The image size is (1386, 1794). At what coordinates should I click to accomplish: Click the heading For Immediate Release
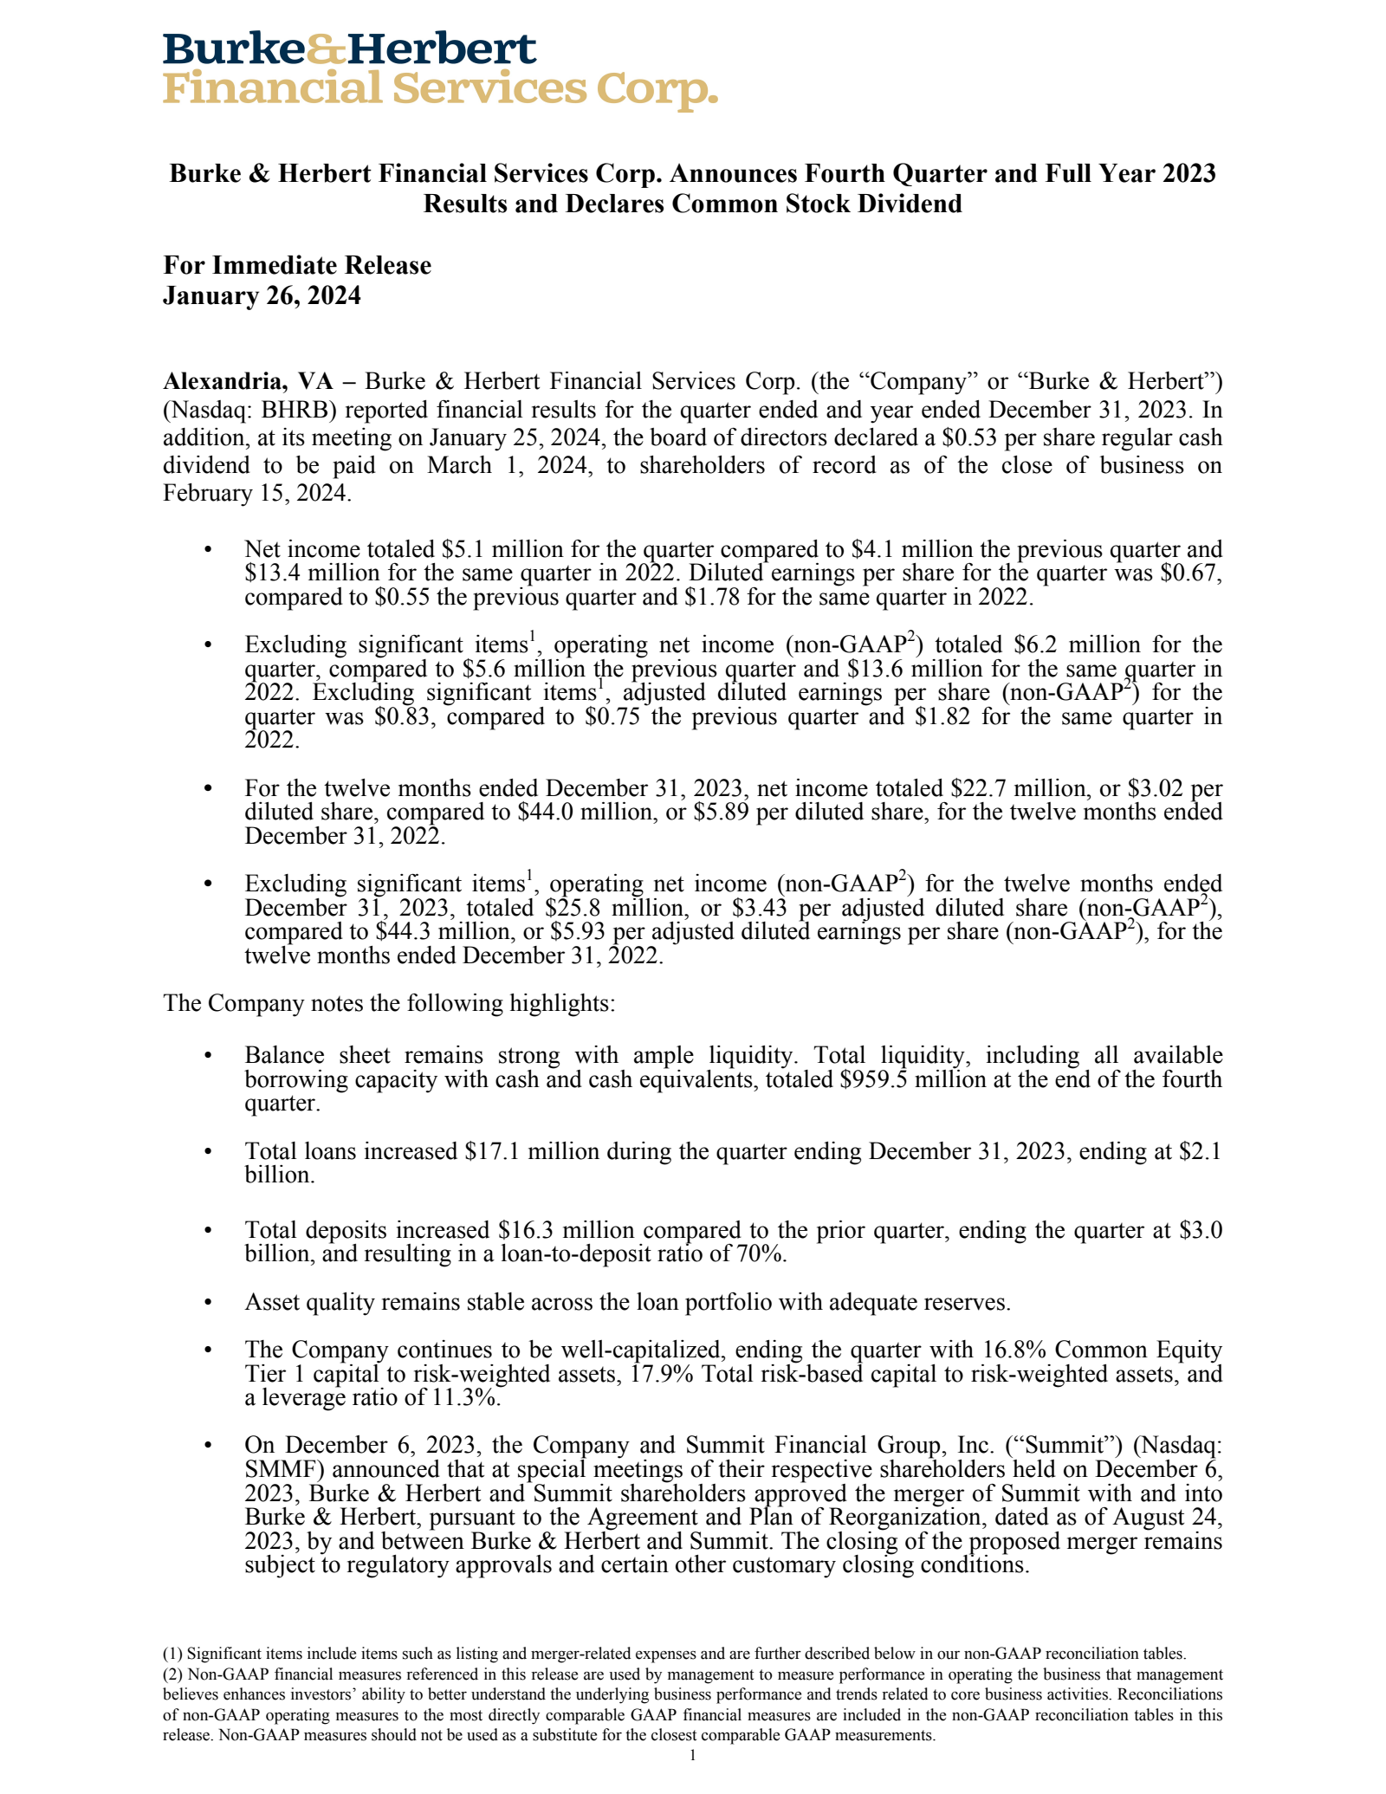[297, 265]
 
